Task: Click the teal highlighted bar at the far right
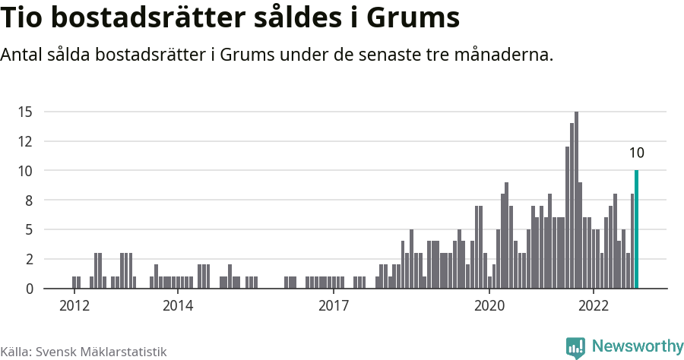636,229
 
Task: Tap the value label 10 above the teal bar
636,153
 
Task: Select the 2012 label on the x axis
74,305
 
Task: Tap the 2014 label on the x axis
178,305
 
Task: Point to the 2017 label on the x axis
334,305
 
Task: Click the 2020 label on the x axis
489,305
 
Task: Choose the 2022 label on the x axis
594,305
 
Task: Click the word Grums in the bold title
413,17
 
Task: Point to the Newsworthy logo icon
575,348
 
